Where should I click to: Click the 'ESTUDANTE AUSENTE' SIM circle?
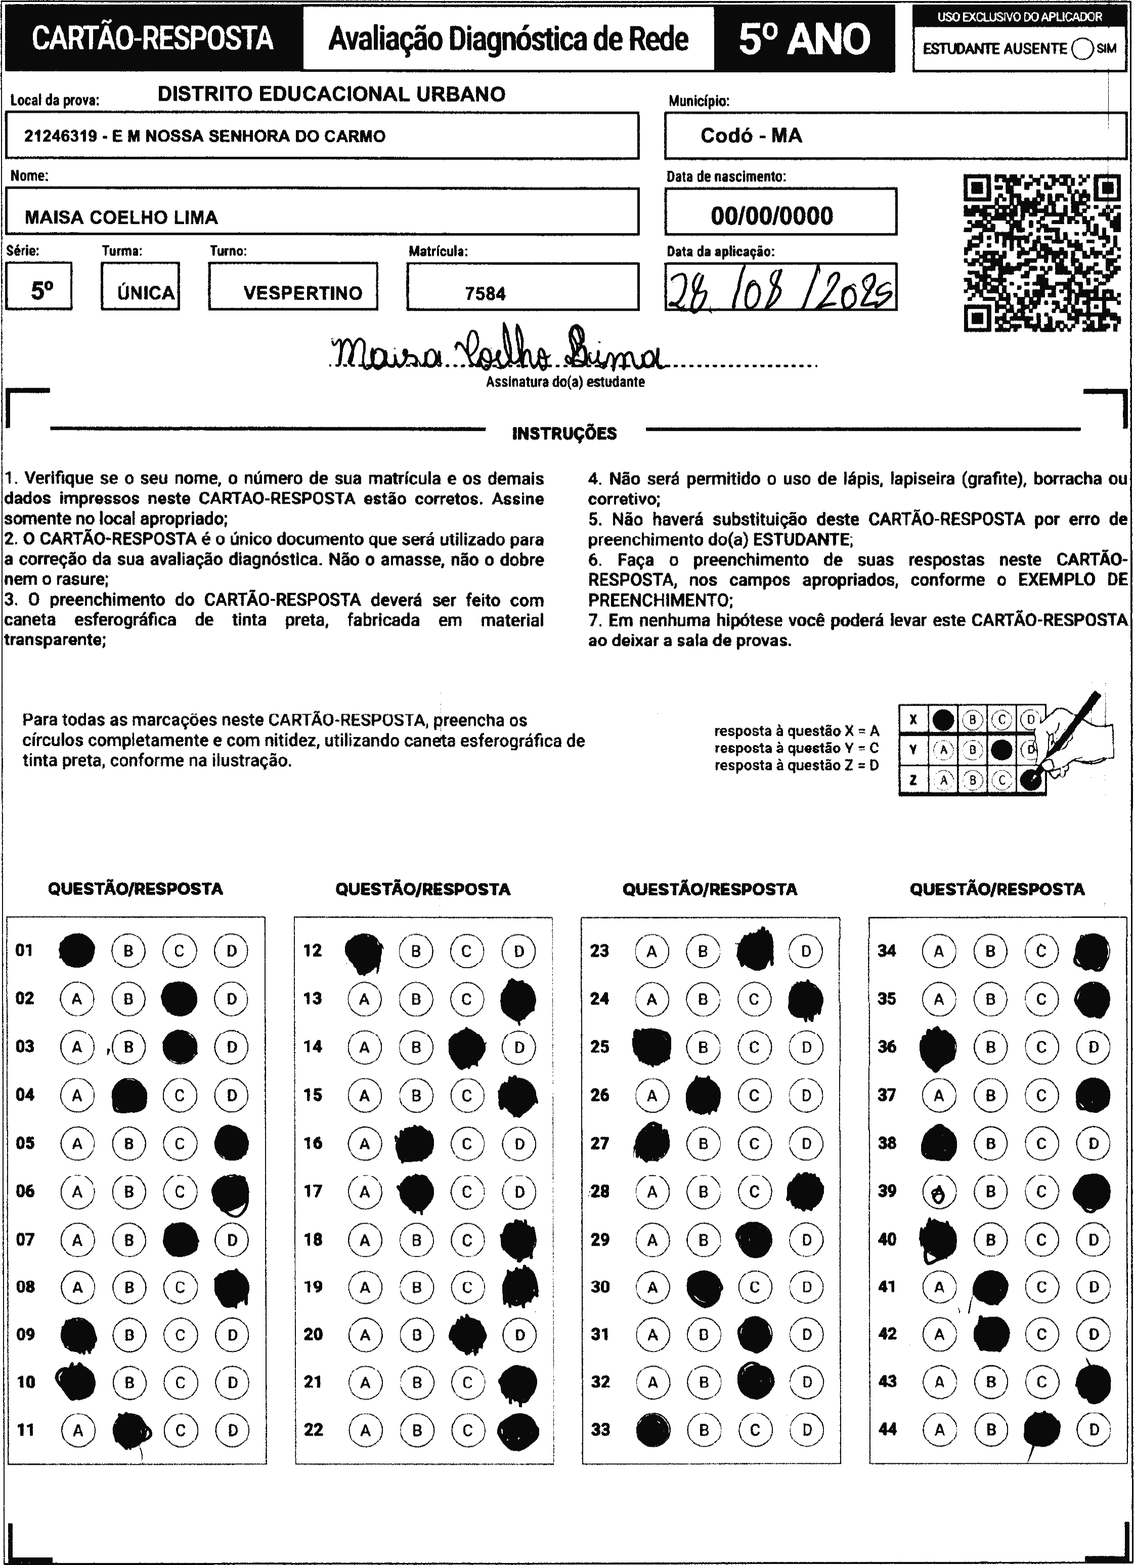click(x=1082, y=49)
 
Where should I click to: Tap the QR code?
click(x=1041, y=252)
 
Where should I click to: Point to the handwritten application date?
click(x=780, y=288)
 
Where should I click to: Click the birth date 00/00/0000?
click(x=772, y=216)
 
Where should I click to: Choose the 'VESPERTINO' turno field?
click(x=302, y=292)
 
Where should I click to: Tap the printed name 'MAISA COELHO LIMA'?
click(x=121, y=218)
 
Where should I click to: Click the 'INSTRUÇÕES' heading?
click(x=564, y=433)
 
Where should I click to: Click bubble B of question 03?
click(x=128, y=1047)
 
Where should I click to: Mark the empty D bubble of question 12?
click(x=518, y=951)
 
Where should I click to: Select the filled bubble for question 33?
click(x=652, y=1430)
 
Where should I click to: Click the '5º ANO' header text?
click(x=804, y=39)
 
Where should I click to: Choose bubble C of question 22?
click(x=467, y=1430)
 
